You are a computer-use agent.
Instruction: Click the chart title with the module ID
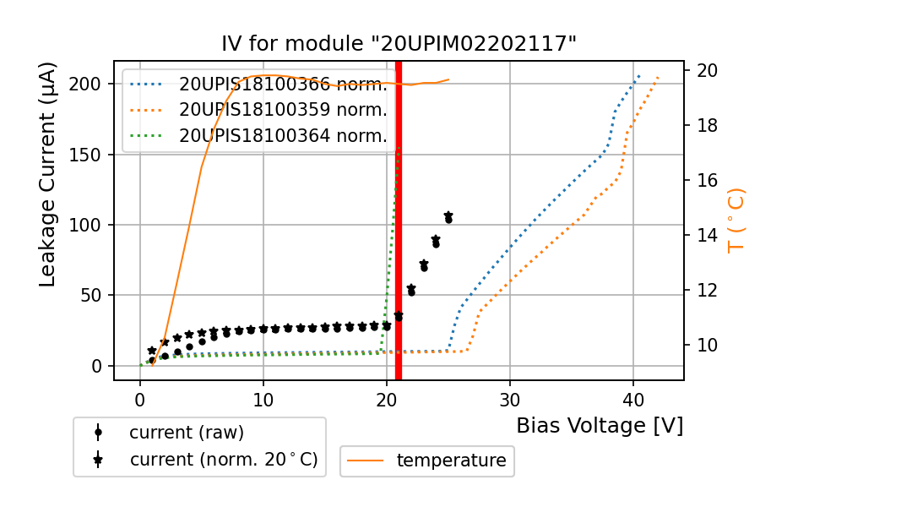coord(399,44)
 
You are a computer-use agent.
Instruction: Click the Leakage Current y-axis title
coord(48,175)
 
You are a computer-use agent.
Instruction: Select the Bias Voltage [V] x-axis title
coord(600,426)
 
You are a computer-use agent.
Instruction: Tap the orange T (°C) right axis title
coord(736,221)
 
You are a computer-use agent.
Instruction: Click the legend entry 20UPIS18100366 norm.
coord(282,84)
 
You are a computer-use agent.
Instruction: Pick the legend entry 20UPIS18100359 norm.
coord(282,110)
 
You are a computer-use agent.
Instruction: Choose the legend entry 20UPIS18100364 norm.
coord(282,135)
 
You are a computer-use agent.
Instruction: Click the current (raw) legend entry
coord(186,433)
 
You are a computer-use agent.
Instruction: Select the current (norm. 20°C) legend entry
coord(223,460)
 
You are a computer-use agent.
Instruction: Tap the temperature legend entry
coord(451,461)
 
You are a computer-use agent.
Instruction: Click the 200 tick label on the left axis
coord(90,84)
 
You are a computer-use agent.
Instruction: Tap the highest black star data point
coord(448,216)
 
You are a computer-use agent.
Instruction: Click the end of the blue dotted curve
coord(639,75)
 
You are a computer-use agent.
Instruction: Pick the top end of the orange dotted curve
coord(658,78)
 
